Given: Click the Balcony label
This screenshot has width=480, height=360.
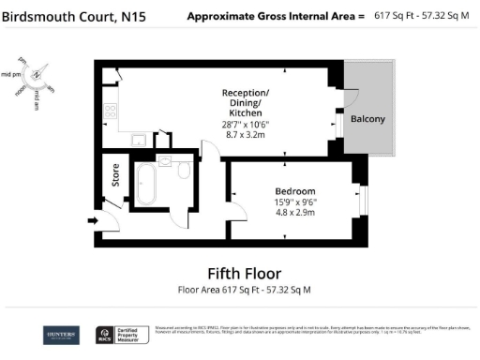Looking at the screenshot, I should point(368,119).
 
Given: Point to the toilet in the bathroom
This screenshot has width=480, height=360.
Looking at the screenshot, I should point(184,170).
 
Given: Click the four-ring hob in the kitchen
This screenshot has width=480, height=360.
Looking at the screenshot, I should point(110,110).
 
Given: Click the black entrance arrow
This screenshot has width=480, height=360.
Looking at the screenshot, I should point(92,220).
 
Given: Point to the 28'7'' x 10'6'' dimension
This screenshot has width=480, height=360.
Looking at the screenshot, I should point(246,125).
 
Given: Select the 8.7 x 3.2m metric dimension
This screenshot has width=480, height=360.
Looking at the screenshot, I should point(246,136).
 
